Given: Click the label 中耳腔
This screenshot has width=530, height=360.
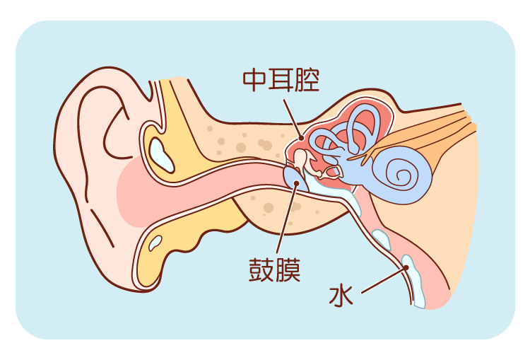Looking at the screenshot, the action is click(x=281, y=80).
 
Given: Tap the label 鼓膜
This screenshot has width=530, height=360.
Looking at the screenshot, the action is click(x=274, y=270).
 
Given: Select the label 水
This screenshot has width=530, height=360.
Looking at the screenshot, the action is click(x=341, y=296).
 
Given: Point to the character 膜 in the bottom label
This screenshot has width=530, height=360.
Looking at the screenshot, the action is click(x=288, y=270).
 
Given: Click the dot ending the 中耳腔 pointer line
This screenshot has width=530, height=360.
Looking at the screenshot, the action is click(x=301, y=138).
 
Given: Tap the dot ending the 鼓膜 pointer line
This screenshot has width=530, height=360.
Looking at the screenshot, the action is click(x=296, y=183).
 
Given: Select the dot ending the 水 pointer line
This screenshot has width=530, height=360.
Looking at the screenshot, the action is click(x=406, y=267).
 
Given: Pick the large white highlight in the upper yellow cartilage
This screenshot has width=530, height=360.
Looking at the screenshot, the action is click(x=161, y=154).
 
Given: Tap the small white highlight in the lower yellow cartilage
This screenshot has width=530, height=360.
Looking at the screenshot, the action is click(x=155, y=243).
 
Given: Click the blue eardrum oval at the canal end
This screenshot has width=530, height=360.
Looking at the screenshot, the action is click(x=295, y=179).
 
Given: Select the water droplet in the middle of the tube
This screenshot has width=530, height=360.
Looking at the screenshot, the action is click(x=382, y=239).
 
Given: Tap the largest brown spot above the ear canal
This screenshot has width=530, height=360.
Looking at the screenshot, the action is click(x=241, y=148).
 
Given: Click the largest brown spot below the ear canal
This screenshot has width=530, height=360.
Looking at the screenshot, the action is click(x=269, y=208).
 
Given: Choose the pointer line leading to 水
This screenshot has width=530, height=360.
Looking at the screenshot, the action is click(x=384, y=281).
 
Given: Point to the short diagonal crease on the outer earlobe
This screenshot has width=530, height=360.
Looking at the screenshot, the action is click(x=102, y=227).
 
